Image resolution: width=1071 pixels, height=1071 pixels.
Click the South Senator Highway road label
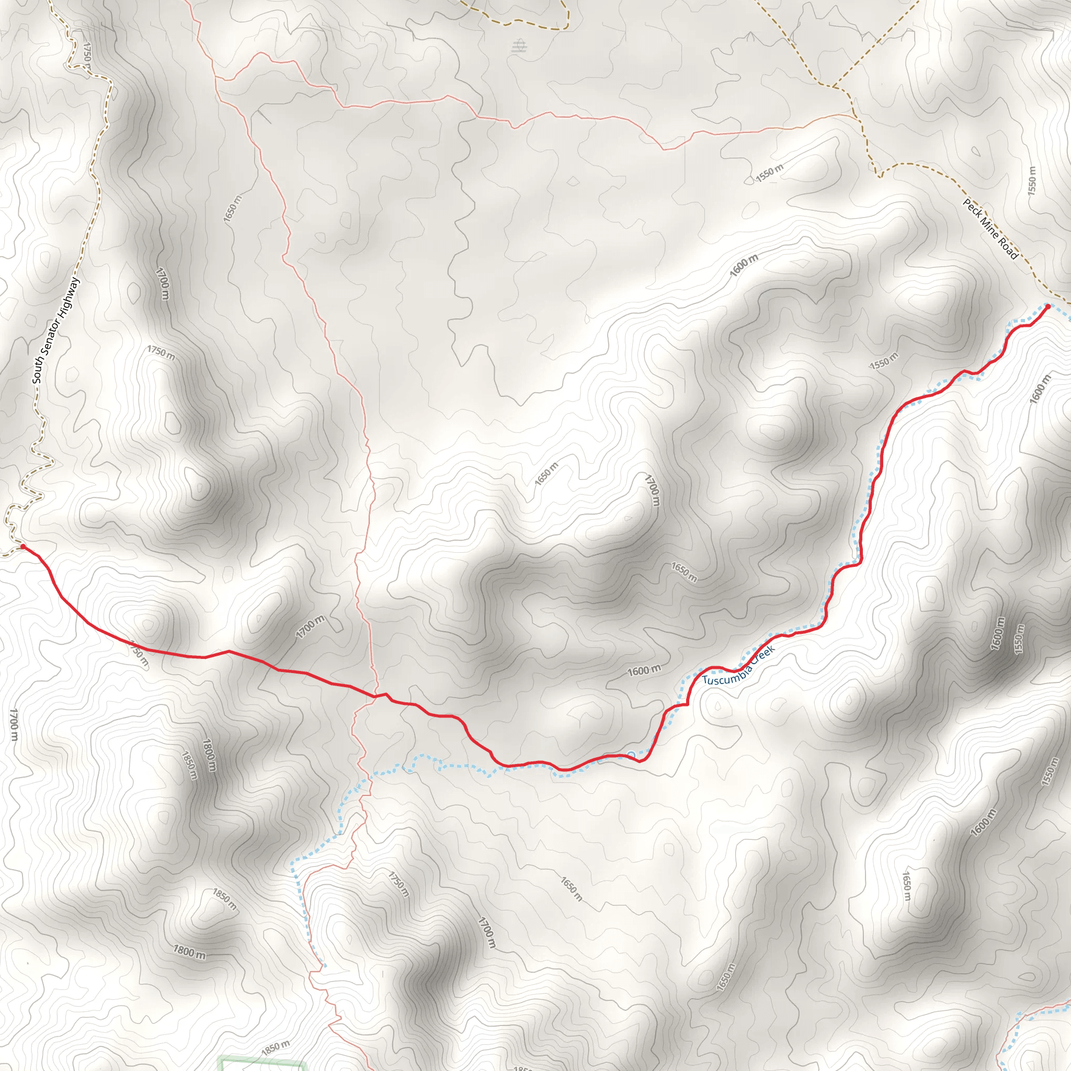pyautogui.click(x=56, y=331)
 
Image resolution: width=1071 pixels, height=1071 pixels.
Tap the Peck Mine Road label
pyautogui.click(x=990, y=229)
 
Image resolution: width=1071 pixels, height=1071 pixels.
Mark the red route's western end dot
pyautogui.click(x=22, y=546)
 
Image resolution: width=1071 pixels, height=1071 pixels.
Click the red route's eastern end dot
pyautogui.click(x=1047, y=306)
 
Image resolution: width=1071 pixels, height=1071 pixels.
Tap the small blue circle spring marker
pyautogui.click(x=631, y=755)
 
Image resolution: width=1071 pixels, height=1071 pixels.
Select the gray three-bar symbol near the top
pyautogui.click(x=519, y=46)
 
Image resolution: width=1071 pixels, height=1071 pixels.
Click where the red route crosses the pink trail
pyautogui.click(x=375, y=696)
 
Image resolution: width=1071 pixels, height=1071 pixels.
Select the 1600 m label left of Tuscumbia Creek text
pyautogui.click(x=644, y=670)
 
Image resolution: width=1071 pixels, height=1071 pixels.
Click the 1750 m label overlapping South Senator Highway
pyautogui.click(x=86, y=54)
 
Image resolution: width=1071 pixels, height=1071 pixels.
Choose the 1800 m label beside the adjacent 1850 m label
pyautogui.click(x=209, y=755)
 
